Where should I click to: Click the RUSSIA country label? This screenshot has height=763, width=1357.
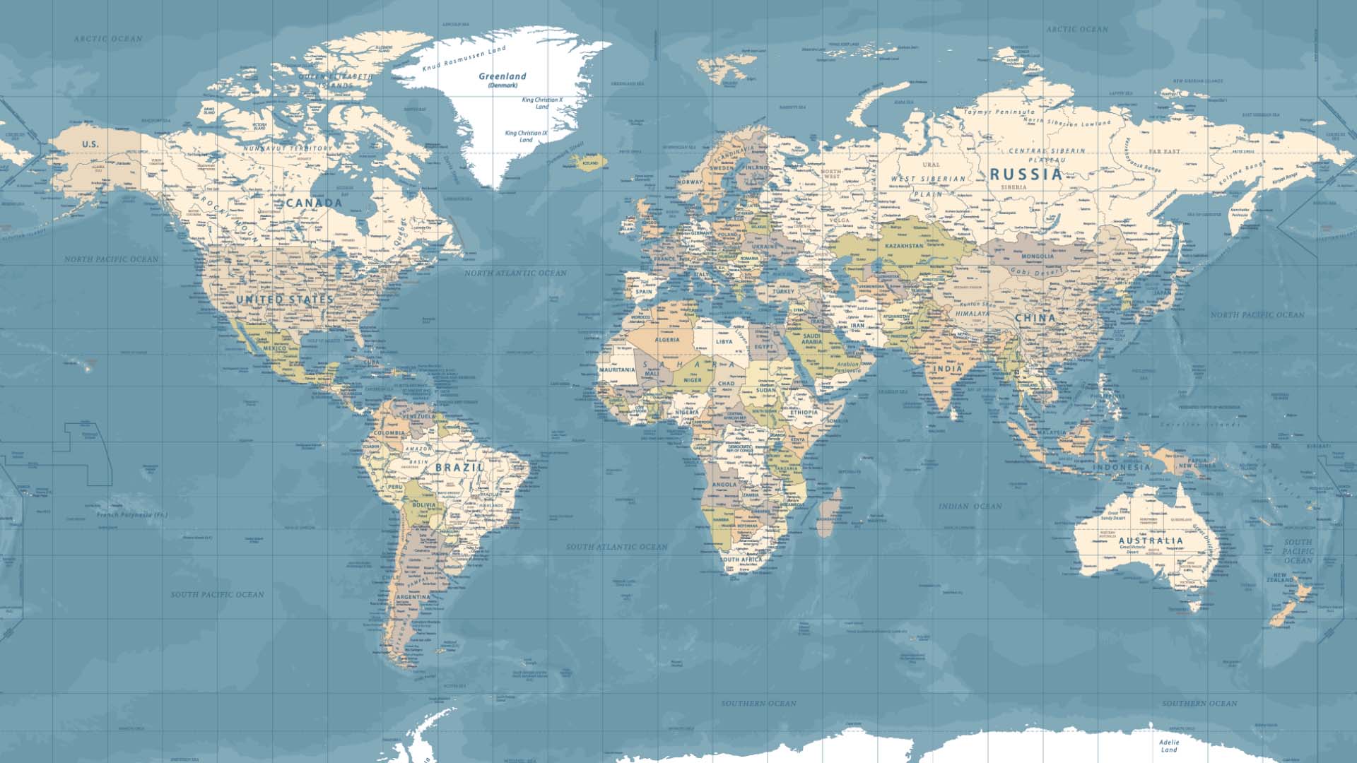point(1026,174)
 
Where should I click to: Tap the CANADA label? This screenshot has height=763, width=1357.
point(315,203)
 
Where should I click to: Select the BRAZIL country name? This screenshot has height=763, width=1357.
point(460,468)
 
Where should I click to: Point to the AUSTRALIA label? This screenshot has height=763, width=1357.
point(1151,540)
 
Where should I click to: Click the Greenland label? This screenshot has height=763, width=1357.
point(503,76)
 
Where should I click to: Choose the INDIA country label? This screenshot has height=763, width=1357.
point(947,368)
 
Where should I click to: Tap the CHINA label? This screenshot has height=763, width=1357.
point(1035,318)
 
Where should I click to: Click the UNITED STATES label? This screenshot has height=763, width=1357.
point(284,300)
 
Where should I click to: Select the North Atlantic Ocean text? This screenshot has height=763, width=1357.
point(515,273)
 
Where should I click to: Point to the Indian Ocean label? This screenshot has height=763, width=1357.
point(970,506)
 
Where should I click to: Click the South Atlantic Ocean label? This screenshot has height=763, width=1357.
point(616,547)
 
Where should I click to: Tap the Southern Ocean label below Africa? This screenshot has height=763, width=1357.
point(758,703)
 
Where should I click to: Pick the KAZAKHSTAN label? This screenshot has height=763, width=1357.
point(904,246)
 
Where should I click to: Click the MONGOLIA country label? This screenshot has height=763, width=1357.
point(1038,256)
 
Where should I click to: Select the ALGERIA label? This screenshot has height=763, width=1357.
point(666,340)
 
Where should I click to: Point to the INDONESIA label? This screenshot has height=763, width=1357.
point(1122,467)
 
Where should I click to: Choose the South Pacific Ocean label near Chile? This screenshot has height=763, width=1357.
point(218,594)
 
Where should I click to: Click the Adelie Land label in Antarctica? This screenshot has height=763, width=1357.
point(1168,746)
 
